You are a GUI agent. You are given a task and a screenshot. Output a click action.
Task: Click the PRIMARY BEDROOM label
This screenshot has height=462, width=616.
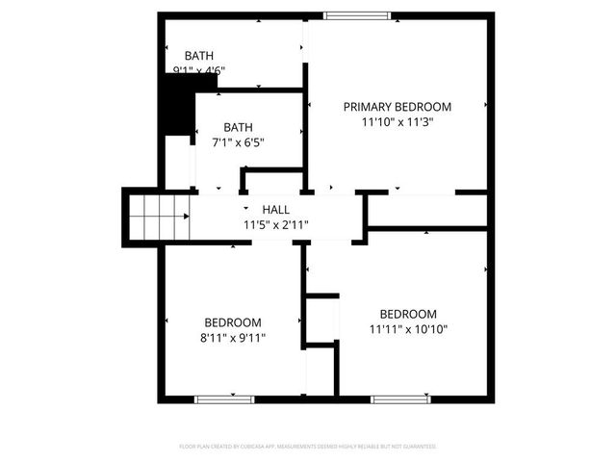[x=398, y=107]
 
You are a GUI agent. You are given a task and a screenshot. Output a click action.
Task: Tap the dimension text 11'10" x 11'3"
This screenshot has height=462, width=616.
[x=398, y=122]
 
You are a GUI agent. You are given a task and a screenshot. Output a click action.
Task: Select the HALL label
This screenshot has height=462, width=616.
[x=275, y=210]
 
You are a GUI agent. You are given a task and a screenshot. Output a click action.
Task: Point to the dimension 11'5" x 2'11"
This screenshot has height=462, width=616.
[x=275, y=225]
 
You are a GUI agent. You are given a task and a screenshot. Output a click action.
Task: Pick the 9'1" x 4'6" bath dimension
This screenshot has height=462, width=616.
[x=198, y=70]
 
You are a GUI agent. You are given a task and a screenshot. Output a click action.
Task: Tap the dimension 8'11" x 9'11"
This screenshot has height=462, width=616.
[x=233, y=338]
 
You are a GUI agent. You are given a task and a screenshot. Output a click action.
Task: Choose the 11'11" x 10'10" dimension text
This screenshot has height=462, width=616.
[x=408, y=329]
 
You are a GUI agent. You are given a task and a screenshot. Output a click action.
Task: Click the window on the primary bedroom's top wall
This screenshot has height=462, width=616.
[x=357, y=15]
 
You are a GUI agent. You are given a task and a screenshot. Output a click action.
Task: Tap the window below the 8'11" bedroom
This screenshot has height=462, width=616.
[x=224, y=398]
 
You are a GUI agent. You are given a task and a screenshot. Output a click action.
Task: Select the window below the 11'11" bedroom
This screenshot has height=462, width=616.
[x=399, y=398]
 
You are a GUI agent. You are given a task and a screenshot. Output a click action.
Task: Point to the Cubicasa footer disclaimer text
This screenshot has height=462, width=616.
[x=308, y=447]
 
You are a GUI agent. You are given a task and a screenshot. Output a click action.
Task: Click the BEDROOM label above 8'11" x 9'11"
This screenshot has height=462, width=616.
[x=233, y=322]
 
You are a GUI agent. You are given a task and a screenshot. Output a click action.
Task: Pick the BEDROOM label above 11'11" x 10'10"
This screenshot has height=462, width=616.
[x=408, y=314]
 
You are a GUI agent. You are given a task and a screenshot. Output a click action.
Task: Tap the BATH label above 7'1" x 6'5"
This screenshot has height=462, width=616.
[x=238, y=127]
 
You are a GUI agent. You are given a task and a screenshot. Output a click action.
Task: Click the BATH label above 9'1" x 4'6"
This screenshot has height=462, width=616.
[x=199, y=56]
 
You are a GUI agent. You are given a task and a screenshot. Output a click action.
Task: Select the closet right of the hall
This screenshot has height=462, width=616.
[x=423, y=210]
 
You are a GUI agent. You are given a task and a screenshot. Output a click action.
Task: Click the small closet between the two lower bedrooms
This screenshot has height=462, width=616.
[x=321, y=320]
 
